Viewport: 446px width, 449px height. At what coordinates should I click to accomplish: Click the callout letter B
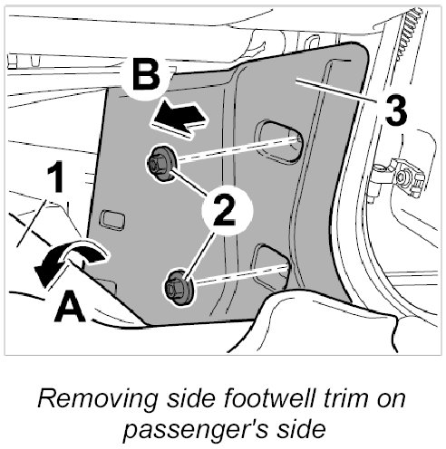click(x=146, y=75)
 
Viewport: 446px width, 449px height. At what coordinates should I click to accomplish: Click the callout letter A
click(x=70, y=306)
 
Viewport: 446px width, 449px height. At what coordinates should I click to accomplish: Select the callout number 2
click(x=225, y=210)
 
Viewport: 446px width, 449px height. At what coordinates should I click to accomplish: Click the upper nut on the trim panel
click(x=162, y=163)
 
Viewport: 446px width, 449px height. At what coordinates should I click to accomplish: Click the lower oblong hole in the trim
click(x=271, y=264)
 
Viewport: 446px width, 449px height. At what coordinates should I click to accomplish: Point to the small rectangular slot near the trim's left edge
click(x=112, y=220)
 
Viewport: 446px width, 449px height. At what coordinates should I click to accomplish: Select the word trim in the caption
click(x=346, y=398)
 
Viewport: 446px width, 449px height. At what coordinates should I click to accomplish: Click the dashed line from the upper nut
click(x=238, y=150)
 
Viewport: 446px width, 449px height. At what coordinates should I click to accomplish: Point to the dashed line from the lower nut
click(x=240, y=275)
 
